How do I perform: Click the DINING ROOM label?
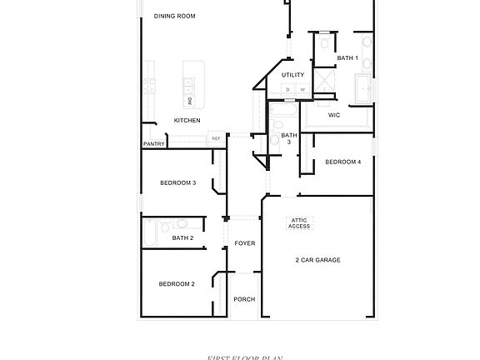(x=175, y=16)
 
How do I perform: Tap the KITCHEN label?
(x=187, y=121)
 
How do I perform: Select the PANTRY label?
(x=153, y=143)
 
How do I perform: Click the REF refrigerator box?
(x=216, y=138)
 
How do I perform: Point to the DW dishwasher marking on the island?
(x=190, y=101)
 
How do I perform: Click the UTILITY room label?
(x=292, y=75)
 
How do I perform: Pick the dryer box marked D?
(x=287, y=89)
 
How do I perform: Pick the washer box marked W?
(x=302, y=89)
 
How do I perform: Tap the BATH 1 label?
(x=347, y=57)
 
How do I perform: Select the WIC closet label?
(x=333, y=115)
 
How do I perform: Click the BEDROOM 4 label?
(x=342, y=162)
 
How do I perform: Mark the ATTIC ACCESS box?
(x=299, y=223)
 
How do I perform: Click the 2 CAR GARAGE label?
(x=317, y=260)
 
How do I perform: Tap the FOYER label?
(x=244, y=243)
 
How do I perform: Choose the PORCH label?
(x=244, y=299)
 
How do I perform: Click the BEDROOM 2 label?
(x=177, y=284)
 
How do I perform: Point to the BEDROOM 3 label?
(x=177, y=182)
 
